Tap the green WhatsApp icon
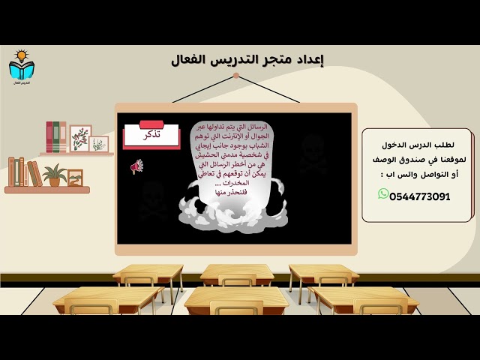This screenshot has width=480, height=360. [383, 195]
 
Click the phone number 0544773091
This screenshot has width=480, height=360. [420, 196]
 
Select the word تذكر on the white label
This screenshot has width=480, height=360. [151, 136]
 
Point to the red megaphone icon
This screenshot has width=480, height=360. [136, 166]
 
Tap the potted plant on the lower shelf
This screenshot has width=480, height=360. [54, 175]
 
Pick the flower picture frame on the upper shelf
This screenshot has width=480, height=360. [80, 137]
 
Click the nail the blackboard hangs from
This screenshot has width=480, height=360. [235, 76]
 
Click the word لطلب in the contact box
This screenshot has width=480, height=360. [453, 144]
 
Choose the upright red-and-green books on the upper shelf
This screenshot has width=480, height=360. [55, 136]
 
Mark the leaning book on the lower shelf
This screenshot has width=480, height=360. [34, 173]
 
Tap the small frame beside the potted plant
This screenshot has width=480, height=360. [75, 177]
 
